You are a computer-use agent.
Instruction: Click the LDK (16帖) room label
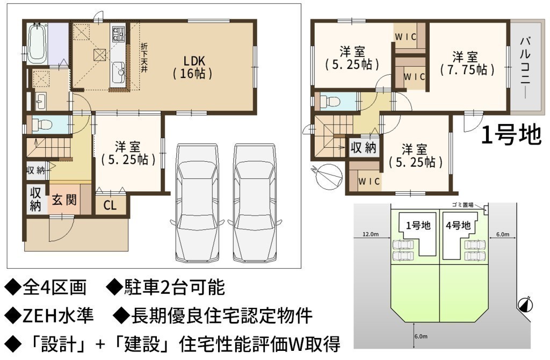pos(193,67)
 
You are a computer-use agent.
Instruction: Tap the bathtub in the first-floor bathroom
pos(37,44)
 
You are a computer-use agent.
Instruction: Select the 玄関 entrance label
pos(64,200)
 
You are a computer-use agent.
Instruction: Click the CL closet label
pos(110,205)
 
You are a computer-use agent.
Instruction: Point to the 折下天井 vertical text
pos(144,57)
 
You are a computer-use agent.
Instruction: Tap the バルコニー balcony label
pos(525,67)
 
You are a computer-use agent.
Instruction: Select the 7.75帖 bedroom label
pos(468,64)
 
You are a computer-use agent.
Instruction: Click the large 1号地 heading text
pos(511,135)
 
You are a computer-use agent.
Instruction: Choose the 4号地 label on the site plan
pos(458,225)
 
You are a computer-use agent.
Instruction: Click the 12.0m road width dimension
pos(371,234)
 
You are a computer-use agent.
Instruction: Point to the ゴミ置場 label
pos(462,205)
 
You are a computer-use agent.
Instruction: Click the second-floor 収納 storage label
pos(363,148)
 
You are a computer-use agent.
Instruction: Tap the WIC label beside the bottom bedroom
pos(369,181)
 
